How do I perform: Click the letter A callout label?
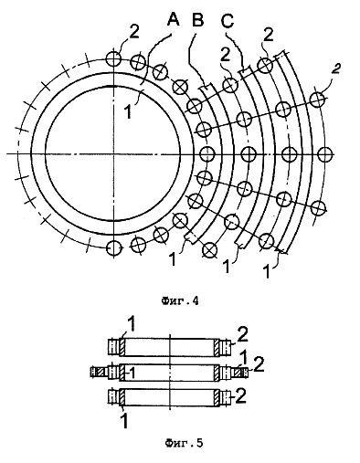[x=173, y=20]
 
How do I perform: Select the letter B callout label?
[x=197, y=20]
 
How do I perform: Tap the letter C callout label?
[x=228, y=21]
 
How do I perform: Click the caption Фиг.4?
[x=180, y=301]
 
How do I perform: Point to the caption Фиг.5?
[x=184, y=443]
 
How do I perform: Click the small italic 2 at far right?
[x=335, y=68]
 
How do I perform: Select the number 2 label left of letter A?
[x=134, y=31]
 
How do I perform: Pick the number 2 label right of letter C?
[x=269, y=36]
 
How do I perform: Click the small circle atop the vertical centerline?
[x=113, y=58]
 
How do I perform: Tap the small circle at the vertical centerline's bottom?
[x=113, y=248]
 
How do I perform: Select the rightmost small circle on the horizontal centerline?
[x=325, y=154]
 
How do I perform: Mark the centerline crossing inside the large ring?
[x=113, y=153]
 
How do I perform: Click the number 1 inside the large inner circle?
[x=128, y=111]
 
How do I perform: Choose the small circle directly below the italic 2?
[x=318, y=100]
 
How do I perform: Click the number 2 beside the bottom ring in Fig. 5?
[x=240, y=396]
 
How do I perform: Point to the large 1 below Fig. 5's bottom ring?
[x=124, y=421]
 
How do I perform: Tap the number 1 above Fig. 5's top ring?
[x=132, y=326]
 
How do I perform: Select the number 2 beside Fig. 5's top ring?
[x=243, y=336]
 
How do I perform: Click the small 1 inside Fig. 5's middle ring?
[x=132, y=371]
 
